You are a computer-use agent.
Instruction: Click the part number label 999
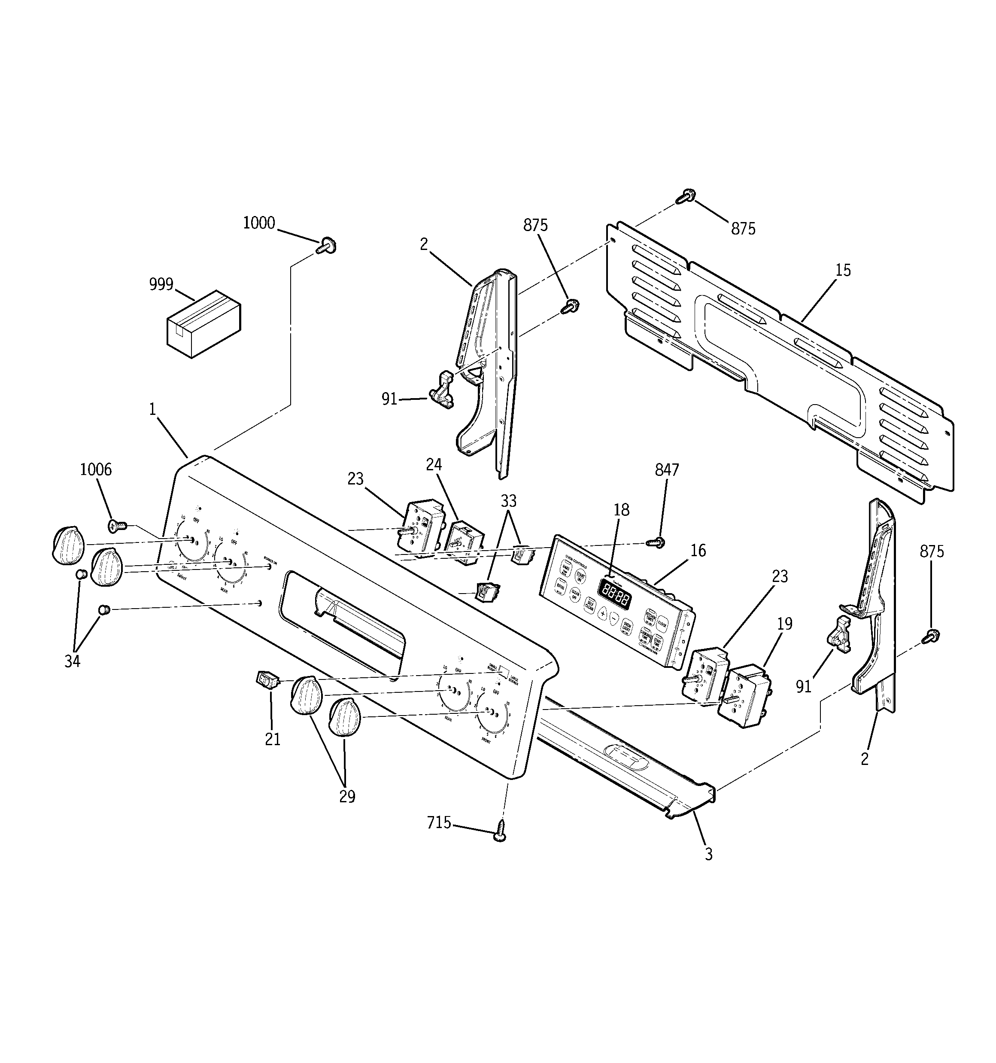pos(161,284)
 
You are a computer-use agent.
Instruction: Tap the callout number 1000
pos(259,223)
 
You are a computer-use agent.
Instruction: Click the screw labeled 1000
pos(327,247)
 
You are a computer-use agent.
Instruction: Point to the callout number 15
pos(843,271)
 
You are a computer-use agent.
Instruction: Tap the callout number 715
pos(439,822)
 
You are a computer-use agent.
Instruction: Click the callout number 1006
pos(96,469)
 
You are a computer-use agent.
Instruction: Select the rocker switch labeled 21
pos(266,679)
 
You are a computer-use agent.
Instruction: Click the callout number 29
pos(347,797)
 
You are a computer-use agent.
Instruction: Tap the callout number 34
pos(72,661)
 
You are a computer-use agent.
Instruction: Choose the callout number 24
pos(434,465)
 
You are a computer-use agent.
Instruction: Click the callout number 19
pos(785,624)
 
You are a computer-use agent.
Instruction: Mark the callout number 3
pos(708,854)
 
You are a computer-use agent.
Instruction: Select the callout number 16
pos(698,550)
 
